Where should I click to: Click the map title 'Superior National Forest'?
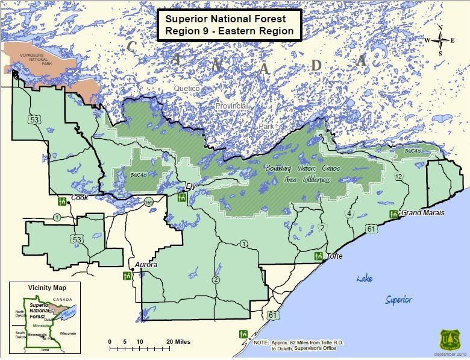click(226, 18)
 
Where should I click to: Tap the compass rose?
click(440, 40)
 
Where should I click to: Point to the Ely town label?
click(192, 186)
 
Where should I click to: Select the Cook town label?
click(80, 198)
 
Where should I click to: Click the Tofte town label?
click(334, 256)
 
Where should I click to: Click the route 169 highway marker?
click(149, 203)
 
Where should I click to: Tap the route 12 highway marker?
click(398, 176)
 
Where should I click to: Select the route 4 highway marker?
click(349, 214)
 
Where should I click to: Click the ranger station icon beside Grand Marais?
click(393, 214)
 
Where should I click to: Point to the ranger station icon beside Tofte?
click(318, 256)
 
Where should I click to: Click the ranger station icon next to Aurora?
click(127, 275)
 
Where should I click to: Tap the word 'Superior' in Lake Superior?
click(399, 299)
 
